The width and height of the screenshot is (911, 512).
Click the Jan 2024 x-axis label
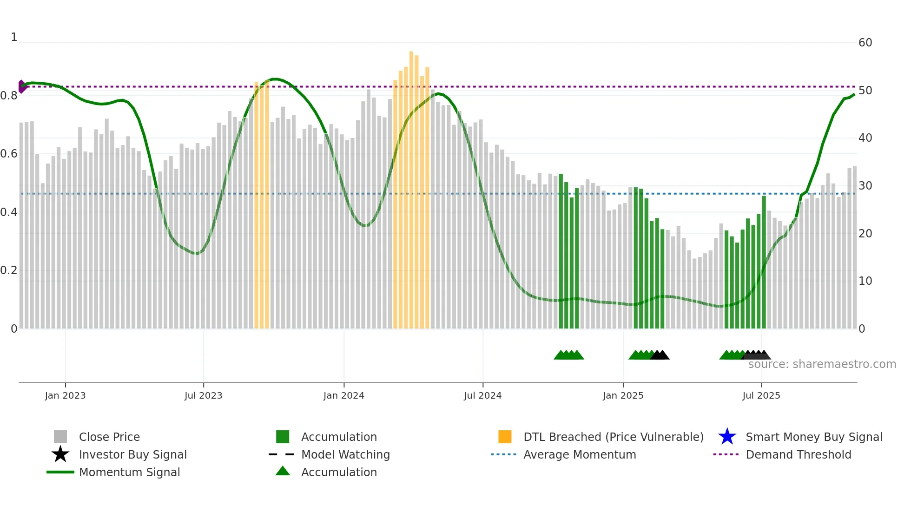pos(343,395)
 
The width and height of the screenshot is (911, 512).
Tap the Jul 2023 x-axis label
pos(203,395)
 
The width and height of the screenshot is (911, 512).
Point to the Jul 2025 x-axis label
pos(761,395)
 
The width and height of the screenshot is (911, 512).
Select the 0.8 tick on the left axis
pos(9,96)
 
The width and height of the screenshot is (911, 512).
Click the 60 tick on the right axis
pos(865,43)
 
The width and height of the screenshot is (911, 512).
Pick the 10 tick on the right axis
pos(865,281)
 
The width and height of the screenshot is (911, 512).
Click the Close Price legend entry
pos(109,437)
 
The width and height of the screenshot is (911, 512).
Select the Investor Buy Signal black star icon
pos(60,454)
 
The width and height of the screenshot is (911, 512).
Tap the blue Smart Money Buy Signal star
pos(727,437)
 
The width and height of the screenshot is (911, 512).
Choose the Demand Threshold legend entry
pos(798,454)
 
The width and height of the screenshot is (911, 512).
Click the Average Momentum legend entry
pos(579,454)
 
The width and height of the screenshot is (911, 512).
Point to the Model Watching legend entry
pos(345,454)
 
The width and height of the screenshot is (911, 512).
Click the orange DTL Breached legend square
pos(505,437)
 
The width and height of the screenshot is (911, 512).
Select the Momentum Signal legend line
pos(60,472)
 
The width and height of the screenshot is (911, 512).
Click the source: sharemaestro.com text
pos(822,364)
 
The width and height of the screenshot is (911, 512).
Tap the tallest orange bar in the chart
pos(411,186)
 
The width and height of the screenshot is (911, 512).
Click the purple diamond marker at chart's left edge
pos(21,86)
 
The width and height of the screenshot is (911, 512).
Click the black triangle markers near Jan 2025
pos(660,355)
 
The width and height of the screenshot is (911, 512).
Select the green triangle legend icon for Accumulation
pos(283,471)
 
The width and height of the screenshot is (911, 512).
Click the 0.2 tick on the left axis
pos(9,270)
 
